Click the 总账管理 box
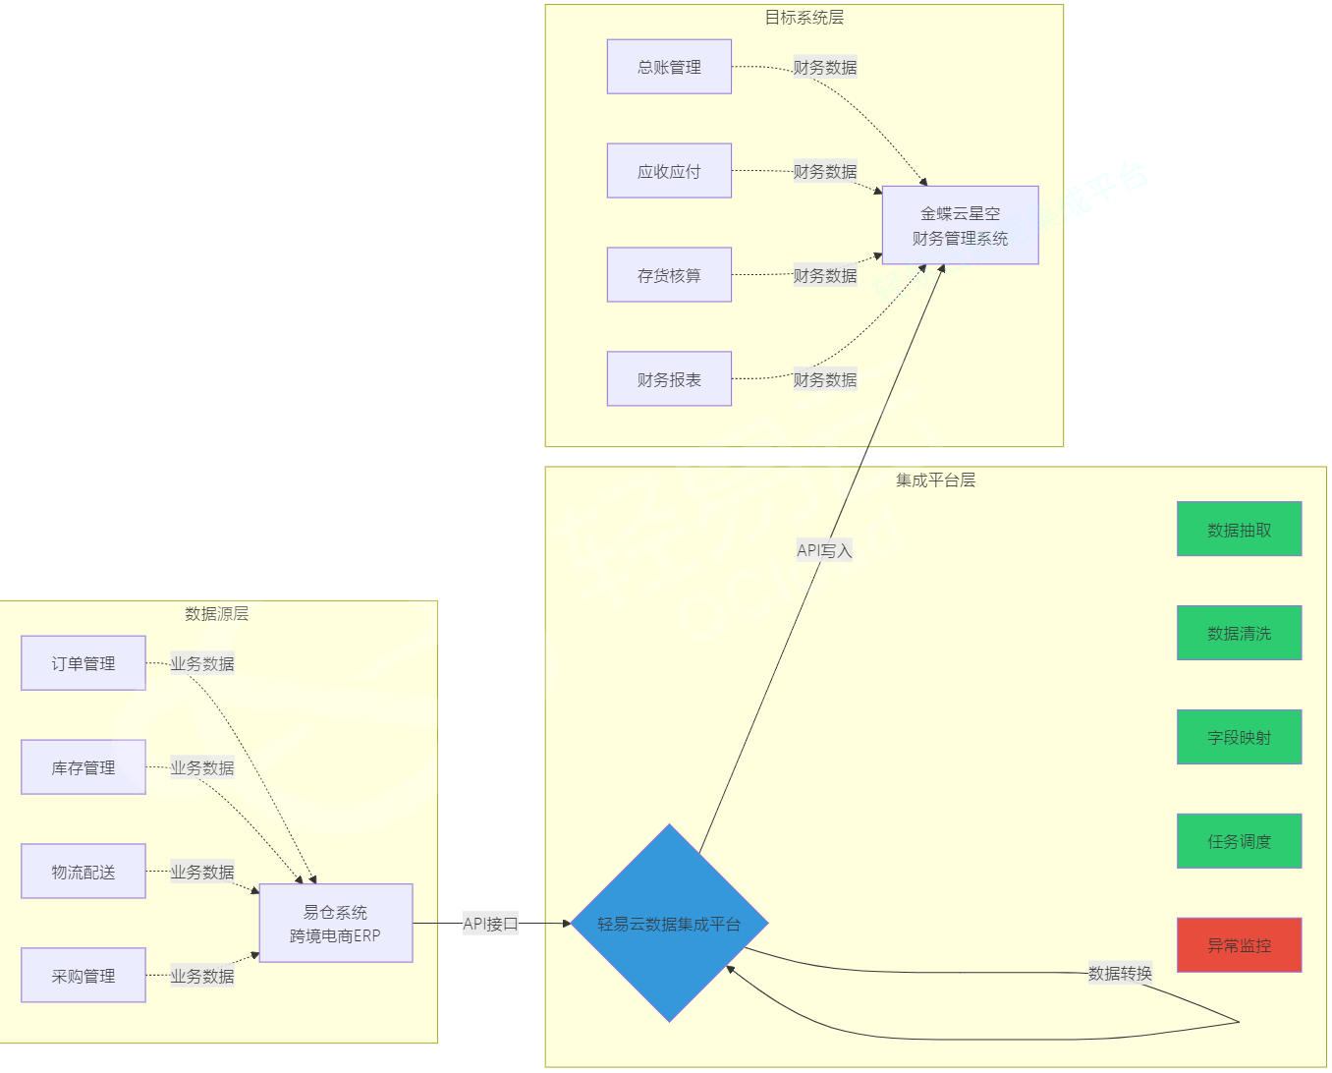[669, 67]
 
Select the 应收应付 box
[669, 171]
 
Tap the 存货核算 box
[669, 275]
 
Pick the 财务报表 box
[669, 379]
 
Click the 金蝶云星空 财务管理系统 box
[960, 225]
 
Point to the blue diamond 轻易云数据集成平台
[669, 924]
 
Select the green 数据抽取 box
[1239, 530]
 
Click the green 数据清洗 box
[1239, 633]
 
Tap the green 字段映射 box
[1239, 737]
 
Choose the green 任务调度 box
[1239, 841]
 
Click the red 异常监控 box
[1239, 945]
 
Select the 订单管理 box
[83, 663]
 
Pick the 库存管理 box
[83, 767]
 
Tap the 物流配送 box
[83, 872]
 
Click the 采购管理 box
[83, 976]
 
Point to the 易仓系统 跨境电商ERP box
[335, 924]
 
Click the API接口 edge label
[490, 924]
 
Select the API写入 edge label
[824, 550]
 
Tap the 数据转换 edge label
[1120, 973]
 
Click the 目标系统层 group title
[804, 18]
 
